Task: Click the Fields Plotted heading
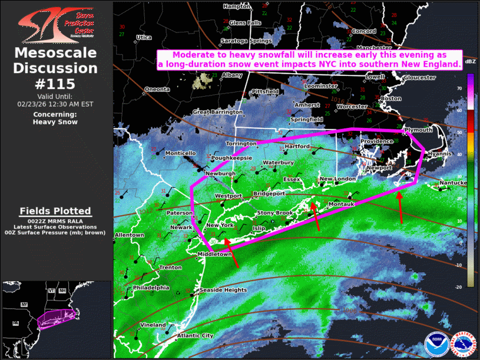pos(55,211)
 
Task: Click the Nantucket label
pos(455,183)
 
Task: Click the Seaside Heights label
pos(223,290)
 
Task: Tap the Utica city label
pos(144,38)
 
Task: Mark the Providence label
pos(376,141)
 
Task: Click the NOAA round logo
pos(436,344)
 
